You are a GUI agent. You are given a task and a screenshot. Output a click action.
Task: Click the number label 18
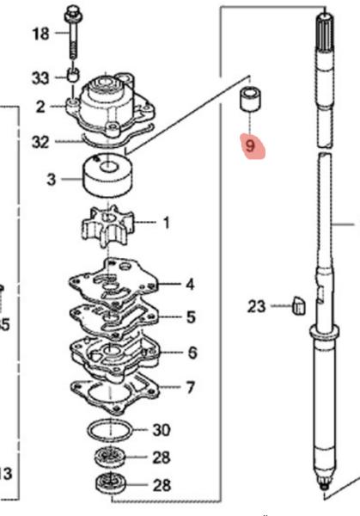(40, 34)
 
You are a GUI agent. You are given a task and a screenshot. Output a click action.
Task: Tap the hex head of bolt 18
(71, 14)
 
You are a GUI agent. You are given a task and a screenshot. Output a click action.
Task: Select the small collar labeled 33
(73, 78)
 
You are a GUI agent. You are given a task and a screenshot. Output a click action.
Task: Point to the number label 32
(40, 142)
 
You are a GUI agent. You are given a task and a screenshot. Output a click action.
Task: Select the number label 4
(190, 284)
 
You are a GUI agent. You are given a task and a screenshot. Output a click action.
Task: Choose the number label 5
(190, 318)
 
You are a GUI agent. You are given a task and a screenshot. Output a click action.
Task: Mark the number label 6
(191, 353)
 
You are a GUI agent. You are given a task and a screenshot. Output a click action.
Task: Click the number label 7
(190, 388)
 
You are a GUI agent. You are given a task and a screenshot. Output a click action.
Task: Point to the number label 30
(161, 429)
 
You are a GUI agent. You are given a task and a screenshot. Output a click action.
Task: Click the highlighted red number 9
(250, 146)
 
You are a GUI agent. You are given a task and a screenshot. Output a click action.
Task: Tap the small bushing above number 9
(249, 100)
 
